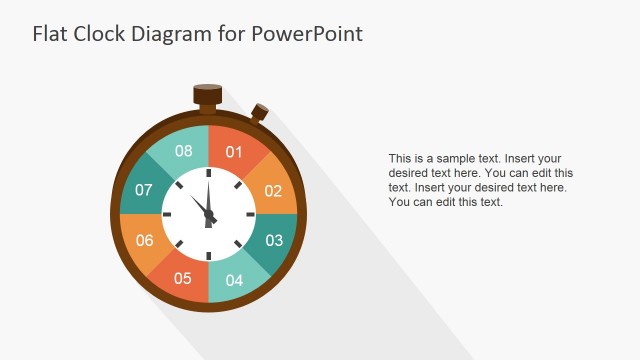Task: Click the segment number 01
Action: (234, 152)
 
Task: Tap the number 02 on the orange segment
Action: (273, 191)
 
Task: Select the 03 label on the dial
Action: (274, 240)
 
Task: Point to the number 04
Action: (234, 280)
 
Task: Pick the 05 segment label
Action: (183, 278)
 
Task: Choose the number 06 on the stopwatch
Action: (145, 240)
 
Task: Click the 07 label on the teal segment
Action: (144, 190)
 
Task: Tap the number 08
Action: (183, 152)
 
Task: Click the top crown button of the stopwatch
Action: (208, 94)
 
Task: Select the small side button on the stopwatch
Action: (260, 112)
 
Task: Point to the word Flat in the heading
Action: (50, 34)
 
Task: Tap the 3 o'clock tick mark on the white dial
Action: (250, 214)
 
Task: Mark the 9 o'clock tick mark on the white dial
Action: (168, 214)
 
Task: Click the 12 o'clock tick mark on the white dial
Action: (209, 174)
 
